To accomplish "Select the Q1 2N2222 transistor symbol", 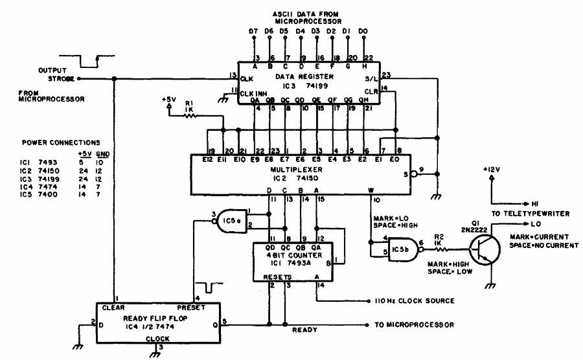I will click(479, 249).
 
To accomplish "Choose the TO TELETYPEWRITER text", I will click(528, 212).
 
